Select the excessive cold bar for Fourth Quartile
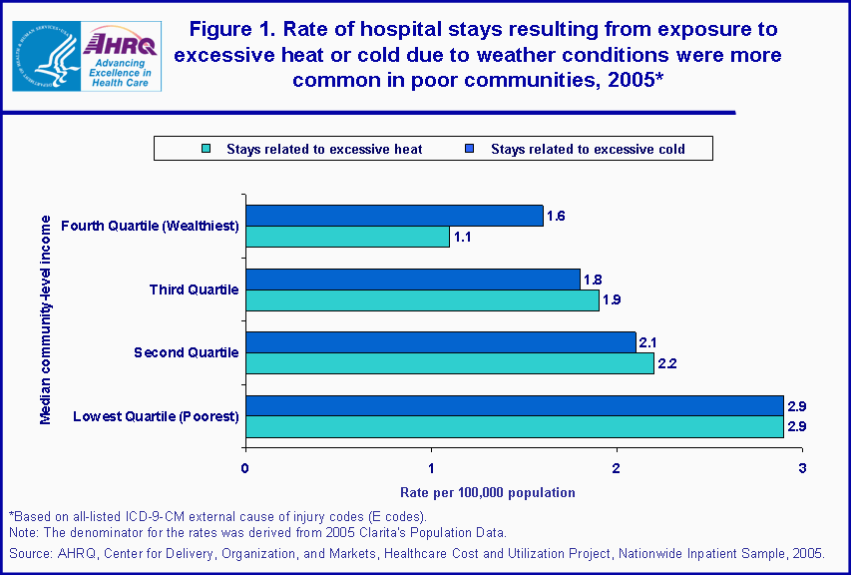pos(394,216)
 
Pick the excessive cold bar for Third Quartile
pos(412,280)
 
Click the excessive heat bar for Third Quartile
pos(422,300)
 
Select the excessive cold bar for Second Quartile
pos(440,342)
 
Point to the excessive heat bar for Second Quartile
pos(449,363)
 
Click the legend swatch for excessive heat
pos(205,150)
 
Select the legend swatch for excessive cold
pos(468,150)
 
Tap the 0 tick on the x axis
pos(245,467)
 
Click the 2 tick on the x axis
pos(617,467)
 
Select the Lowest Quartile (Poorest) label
pos(157,416)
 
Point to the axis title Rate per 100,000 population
pos(488,493)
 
